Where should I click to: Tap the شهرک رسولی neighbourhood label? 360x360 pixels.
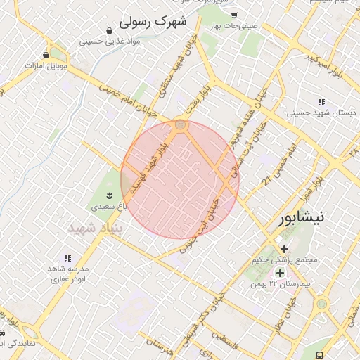tap(154, 21)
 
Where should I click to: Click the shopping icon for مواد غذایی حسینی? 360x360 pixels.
tap(109, 30)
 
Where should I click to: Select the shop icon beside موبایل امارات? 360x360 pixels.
tap(46, 54)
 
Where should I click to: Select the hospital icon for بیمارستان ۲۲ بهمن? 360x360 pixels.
tap(280, 273)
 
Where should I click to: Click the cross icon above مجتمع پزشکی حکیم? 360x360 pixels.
tap(284, 249)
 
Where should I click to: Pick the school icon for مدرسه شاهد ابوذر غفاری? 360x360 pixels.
tap(68, 258)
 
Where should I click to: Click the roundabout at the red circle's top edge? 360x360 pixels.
tap(181, 125)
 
